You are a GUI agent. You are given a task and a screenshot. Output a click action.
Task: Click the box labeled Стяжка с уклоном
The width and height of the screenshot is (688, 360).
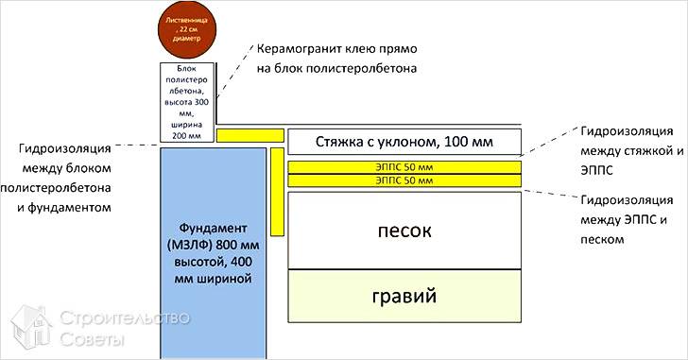(404, 143)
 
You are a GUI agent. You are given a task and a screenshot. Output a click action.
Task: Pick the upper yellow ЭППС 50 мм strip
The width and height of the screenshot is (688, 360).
(404, 166)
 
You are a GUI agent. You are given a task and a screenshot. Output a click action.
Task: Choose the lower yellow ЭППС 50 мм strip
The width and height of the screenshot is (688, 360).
(404, 180)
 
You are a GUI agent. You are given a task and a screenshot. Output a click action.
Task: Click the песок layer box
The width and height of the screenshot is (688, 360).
(404, 230)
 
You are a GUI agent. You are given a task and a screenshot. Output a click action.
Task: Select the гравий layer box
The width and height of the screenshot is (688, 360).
(404, 296)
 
